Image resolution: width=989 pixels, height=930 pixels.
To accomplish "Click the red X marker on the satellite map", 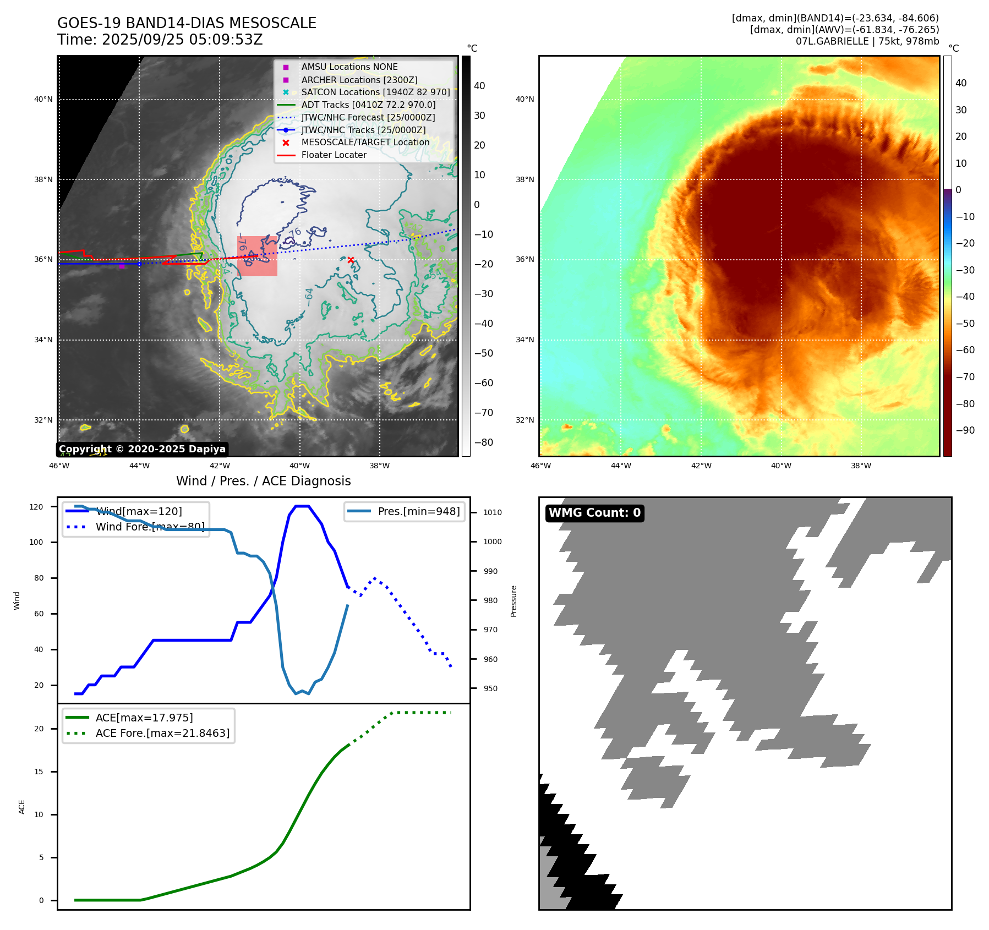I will click(351, 260).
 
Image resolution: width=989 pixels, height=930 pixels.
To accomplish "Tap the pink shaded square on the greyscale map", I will click(257, 256).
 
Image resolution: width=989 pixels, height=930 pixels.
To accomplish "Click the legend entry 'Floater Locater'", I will click(334, 155).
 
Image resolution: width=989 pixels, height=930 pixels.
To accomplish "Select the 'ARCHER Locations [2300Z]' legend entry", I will click(359, 80).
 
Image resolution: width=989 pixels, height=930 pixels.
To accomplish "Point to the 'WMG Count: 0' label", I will click(594, 513).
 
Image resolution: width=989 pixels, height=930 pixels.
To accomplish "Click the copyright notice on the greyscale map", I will click(142, 449).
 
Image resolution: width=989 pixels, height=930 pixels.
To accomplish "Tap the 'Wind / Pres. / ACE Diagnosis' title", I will click(263, 481).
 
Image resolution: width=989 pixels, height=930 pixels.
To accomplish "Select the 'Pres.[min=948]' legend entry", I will click(418, 511).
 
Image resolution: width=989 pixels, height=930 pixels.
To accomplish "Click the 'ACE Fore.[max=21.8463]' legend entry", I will click(162, 733).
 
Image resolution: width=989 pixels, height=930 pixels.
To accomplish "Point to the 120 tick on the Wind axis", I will click(36, 507).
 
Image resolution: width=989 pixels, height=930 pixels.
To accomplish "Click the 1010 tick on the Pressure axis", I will click(493, 512).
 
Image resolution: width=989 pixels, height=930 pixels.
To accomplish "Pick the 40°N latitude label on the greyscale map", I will click(43, 100).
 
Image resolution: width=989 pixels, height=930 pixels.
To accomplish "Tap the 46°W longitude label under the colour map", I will click(540, 466).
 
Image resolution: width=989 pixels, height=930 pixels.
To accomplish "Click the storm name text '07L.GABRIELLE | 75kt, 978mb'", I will click(867, 41).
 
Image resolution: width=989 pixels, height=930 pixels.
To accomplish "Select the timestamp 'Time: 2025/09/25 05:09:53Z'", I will click(160, 40).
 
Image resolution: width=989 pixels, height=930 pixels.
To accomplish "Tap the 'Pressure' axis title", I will click(513, 601).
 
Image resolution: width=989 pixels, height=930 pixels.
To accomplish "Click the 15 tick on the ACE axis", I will click(39, 772).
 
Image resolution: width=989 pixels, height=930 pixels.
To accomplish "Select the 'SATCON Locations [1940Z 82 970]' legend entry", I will click(375, 92).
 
